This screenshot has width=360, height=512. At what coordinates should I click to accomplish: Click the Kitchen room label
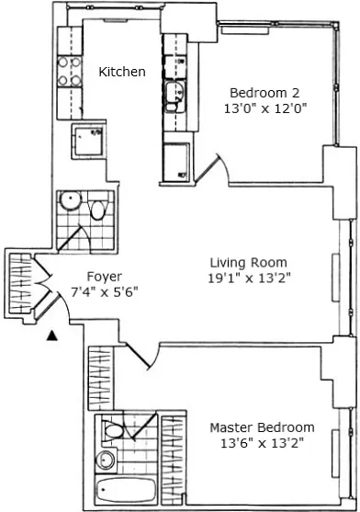coord(122,72)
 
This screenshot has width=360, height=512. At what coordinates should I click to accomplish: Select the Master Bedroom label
coord(262,427)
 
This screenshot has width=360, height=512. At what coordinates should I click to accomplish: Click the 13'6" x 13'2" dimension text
coord(262,443)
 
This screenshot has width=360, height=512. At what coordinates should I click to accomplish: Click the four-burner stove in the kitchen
coord(71,72)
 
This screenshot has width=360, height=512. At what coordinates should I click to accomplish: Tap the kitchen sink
coord(174,92)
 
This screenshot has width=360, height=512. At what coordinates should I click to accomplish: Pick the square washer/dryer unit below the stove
coord(90,140)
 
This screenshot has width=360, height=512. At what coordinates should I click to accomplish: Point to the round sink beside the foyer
coord(68,201)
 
